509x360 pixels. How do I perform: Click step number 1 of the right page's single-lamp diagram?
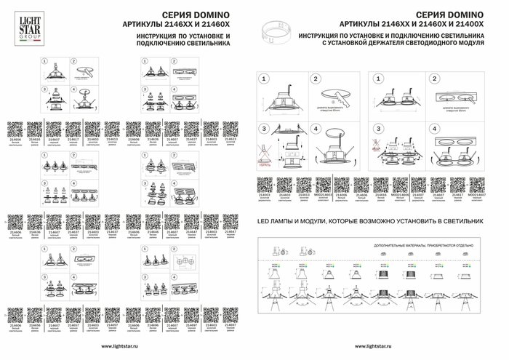(263, 78)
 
